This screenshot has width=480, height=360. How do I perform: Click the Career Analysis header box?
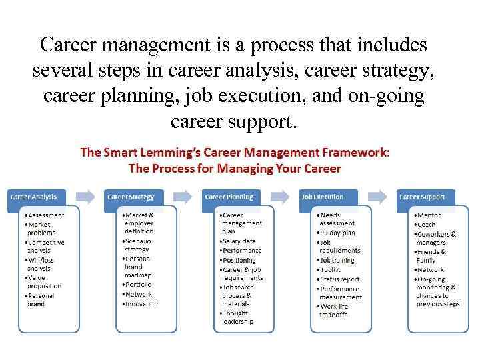pyautogui.click(x=41, y=197)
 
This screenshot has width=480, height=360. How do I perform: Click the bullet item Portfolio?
pyautogui.click(x=137, y=285)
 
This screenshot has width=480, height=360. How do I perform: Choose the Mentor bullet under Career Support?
pyautogui.click(x=430, y=216)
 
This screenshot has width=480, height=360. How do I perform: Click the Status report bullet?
pyautogui.click(x=340, y=279)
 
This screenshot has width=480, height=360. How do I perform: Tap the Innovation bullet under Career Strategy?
pyautogui.click(x=141, y=303)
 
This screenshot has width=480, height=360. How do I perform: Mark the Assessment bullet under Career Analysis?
pyautogui.click(x=45, y=215)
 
